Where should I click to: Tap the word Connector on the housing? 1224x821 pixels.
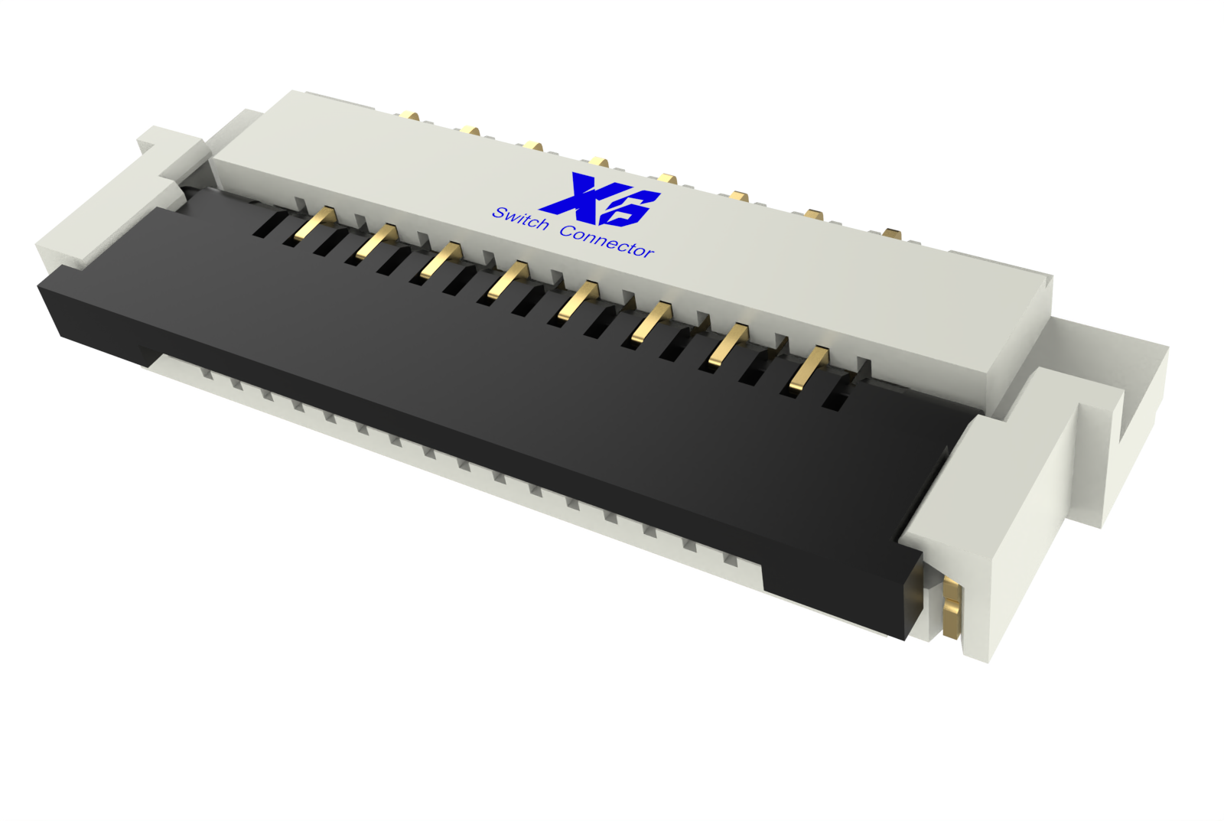(x=607, y=241)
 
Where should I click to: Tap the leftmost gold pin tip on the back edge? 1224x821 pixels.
(x=408, y=116)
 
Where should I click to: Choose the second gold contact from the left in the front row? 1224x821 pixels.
(x=377, y=241)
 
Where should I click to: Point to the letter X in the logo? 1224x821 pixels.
(x=577, y=195)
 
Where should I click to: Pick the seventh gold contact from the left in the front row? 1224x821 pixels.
(x=728, y=344)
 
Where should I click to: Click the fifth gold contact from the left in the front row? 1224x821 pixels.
(x=578, y=300)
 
